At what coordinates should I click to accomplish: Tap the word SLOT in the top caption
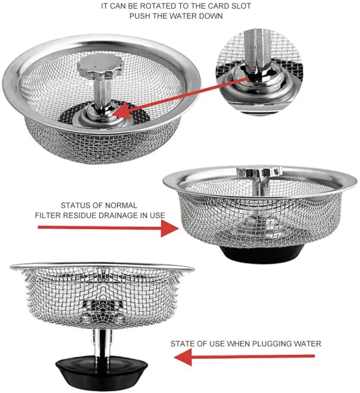pyautogui.click(x=241, y=6)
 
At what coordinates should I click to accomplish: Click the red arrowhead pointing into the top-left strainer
pyautogui.click(x=122, y=111)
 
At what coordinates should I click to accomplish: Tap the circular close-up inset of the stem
pyautogui.click(x=259, y=71)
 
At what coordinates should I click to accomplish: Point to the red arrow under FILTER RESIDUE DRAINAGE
pyautogui.click(x=109, y=228)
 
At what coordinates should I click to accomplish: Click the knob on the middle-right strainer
pyautogui.click(x=259, y=171)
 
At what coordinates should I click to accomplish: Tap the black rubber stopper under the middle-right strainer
pyautogui.click(x=262, y=254)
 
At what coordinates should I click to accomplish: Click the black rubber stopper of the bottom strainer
pyautogui.click(x=101, y=372)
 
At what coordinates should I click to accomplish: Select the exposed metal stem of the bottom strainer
pyautogui.click(x=102, y=343)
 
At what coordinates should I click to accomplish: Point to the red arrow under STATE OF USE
pyautogui.click(x=244, y=357)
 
